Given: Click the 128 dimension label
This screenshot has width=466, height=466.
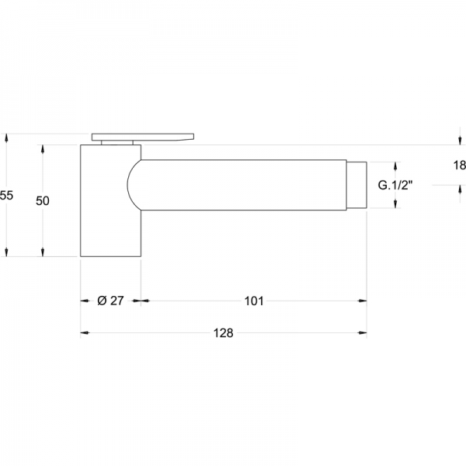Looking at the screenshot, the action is click(223, 333).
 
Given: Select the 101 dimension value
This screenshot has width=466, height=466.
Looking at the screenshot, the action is click(254, 301).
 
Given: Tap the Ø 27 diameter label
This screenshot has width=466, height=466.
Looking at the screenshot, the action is click(110, 301).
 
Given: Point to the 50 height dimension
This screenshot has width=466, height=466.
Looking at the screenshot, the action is click(43, 201).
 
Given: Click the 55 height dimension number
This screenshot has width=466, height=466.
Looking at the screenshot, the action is click(6, 195).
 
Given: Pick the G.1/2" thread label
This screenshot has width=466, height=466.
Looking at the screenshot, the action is click(395, 185).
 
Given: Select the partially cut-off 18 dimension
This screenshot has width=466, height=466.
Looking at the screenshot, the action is click(460, 165).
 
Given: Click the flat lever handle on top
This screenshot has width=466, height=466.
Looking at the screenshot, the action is click(143, 137).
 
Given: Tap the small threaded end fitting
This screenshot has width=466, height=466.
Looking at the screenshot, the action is click(356, 185).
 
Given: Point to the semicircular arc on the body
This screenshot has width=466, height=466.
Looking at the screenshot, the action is click(128, 185).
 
